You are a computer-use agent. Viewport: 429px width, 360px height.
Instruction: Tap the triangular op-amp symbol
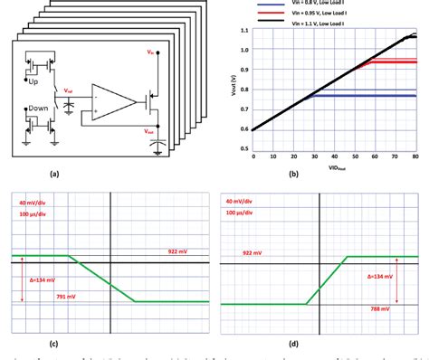pos(110,99)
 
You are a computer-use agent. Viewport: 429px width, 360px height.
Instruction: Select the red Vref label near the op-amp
pos(70,92)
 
